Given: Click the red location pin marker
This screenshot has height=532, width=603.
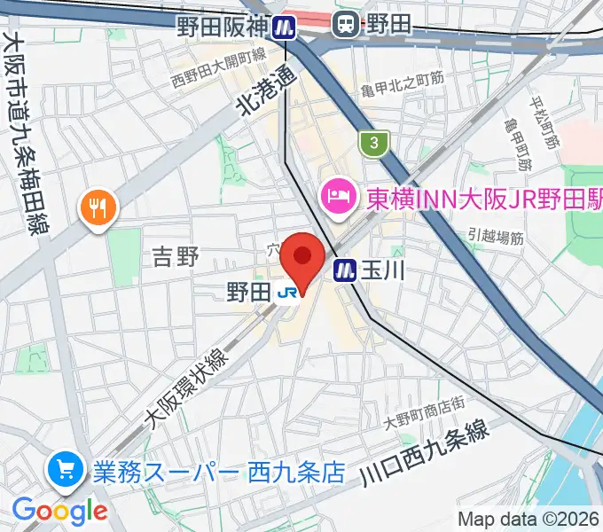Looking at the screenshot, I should [303, 258].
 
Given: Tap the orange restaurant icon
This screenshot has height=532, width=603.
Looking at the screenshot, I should [98, 209].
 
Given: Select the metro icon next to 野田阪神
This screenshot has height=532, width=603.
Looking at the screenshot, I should [284, 27].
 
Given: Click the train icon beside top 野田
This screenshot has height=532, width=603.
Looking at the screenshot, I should [345, 26].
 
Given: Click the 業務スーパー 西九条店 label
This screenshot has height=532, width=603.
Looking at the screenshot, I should [218, 470].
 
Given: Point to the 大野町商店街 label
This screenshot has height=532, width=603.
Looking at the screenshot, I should [425, 406].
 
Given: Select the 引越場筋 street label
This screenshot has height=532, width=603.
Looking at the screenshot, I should [497, 236].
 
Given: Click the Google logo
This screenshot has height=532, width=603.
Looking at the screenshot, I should [59, 511].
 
